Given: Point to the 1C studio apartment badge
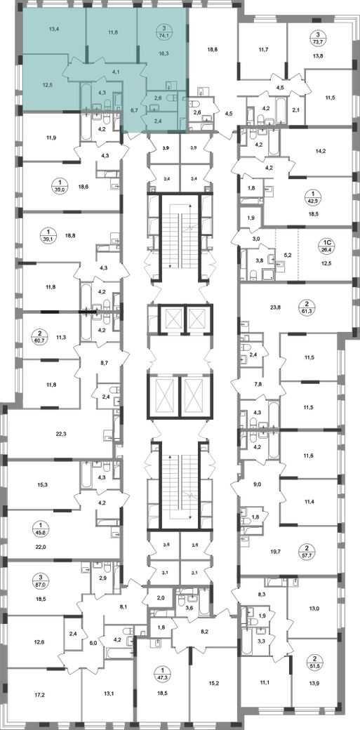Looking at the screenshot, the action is click(328, 242).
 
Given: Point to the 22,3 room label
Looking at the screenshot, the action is click(61, 434).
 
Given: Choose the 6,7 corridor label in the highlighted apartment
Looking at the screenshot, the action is click(135, 110).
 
